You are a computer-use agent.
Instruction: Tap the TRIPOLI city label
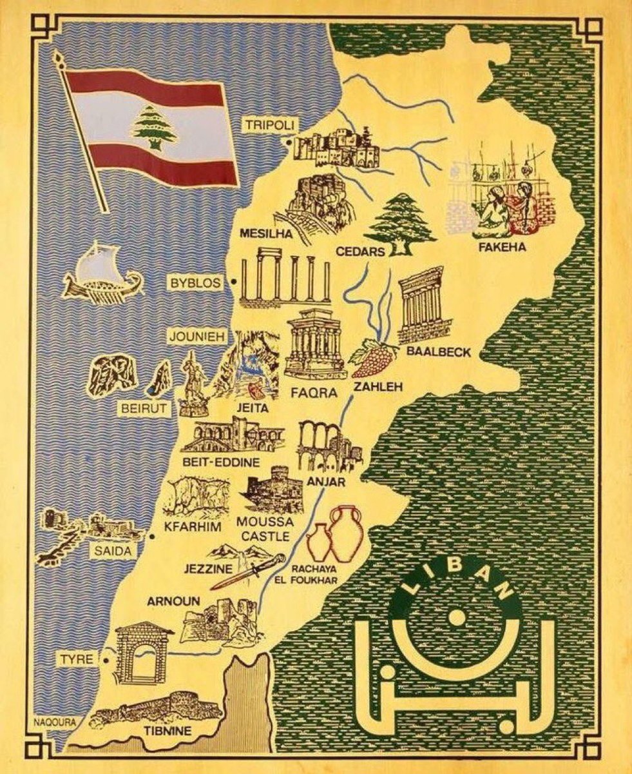pyautogui.click(x=265, y=125)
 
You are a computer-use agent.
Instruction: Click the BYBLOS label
pyautogui.click(x=195, y=283)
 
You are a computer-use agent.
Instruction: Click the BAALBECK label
pyautogui.click(x=439, y=352)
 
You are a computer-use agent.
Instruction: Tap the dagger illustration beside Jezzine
pyautogui.click(x=248, y=571)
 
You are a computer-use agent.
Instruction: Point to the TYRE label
pyautogui.click(x=77, y=660)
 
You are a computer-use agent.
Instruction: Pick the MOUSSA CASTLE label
pyautogui.click(x=265, y=528)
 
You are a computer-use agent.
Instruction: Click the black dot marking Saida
pyautogui.click(x=151, y=536)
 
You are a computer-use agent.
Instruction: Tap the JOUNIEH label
pyautogui.click(x=192, y=336)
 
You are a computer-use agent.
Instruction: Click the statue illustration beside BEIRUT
pyautogui.click(x=191, y=385)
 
